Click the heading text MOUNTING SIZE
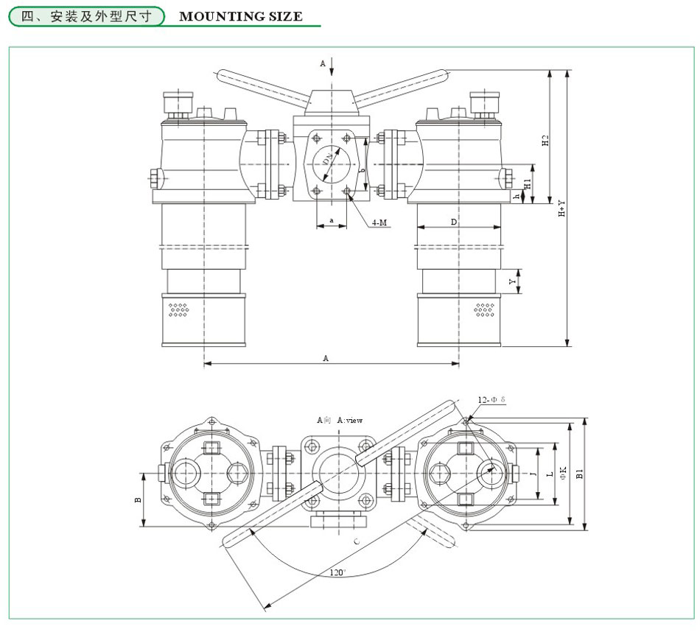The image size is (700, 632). pyautogui.click(x=241, y=16)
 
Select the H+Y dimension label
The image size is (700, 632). pyautogui.click(x=561, y=208)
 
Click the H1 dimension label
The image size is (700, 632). pyautogui.click(x=528, y=182)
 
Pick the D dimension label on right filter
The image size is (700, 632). pyautogui.click(x=454, y=221)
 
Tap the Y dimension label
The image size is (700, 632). pyautogui.click(x=514, y=282)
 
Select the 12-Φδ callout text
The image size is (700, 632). pyautogui.click(x=491, y=399)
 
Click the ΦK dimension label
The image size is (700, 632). pyautogui.click(x=563, y=474)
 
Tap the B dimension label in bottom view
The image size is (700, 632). pyautogui.click(x=138, y=499)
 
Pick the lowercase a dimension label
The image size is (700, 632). pyautogui.click(x=332, y=220)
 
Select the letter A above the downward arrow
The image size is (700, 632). pyautogui.click(x=323, y=64)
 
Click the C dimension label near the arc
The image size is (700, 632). pyautogui.click(x=357, y=543)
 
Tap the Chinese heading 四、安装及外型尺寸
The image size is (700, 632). pyautogui.click(x=88, y=16)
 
